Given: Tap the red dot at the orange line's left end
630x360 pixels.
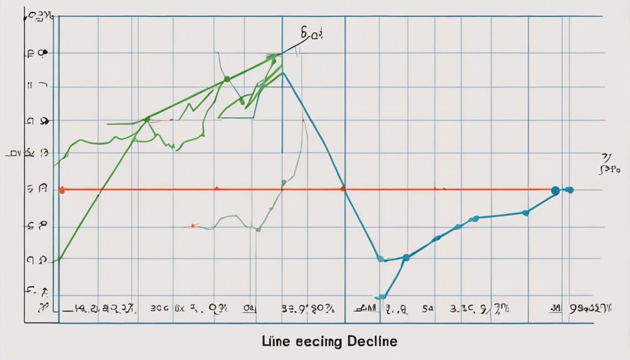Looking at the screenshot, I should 61,189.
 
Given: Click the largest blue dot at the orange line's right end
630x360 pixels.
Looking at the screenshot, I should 555,190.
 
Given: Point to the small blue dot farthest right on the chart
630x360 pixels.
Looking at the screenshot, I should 569,190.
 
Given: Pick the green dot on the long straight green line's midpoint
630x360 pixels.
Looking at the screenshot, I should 227,79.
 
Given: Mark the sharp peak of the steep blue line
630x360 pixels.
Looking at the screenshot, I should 283,73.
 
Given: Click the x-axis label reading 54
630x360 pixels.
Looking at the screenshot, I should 427,308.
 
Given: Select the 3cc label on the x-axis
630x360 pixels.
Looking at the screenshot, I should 160,308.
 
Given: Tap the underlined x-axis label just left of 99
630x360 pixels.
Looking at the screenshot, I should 555,308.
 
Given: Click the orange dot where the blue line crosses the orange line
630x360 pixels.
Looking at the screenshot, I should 343,188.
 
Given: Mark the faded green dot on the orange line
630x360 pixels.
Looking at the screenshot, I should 283,183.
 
